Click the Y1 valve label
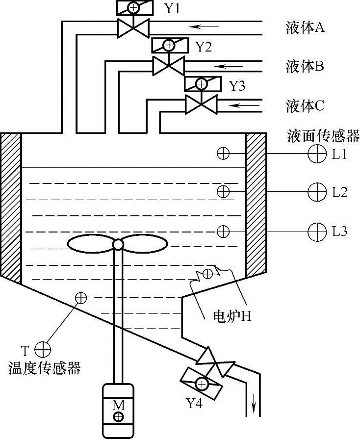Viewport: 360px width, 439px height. tap(172, 8)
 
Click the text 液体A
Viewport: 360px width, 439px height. tap(306, 28)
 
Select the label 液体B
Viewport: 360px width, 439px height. tap(305, 66)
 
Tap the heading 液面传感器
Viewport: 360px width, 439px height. tap(324, 136)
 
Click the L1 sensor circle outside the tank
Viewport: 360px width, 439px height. tap(317, 154)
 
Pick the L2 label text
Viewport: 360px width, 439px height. tap(339, 191)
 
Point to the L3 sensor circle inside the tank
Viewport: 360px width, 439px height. tap(223, 231)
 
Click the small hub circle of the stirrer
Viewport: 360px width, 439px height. tap(118, 244)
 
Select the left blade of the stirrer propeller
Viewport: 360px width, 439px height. tap(90, 244)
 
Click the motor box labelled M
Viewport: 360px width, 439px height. tap(118, 410)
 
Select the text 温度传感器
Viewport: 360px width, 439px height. tap(45, 368)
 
